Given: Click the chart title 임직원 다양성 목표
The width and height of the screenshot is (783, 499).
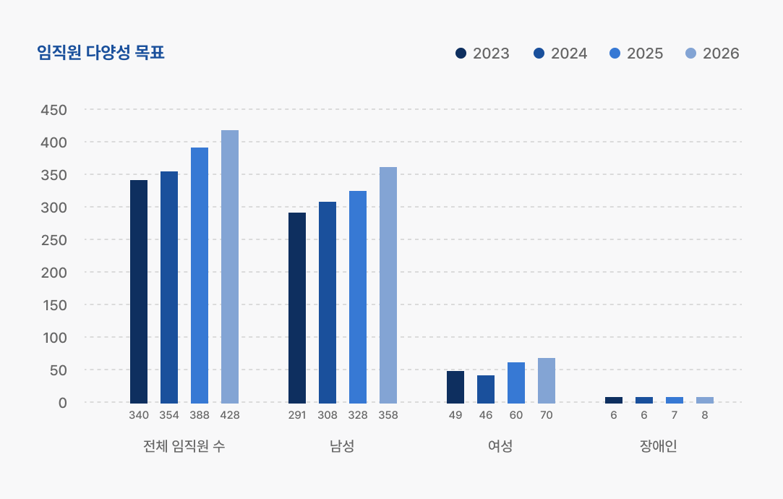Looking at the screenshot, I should coord(100,53).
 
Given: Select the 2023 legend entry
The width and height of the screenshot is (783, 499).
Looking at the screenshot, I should coord(482,54).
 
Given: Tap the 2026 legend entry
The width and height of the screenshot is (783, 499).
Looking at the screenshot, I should coord(712,54).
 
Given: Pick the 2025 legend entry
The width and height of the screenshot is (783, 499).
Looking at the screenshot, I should coord(636,54).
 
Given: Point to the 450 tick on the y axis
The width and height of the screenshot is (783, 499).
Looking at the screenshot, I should coord(54,110).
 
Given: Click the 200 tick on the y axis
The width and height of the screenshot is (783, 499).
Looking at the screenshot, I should coord(54,273).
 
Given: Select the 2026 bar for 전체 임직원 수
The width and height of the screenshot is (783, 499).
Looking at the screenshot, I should coord(230,266).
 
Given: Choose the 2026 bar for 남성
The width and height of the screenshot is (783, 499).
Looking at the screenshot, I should coord(388,285).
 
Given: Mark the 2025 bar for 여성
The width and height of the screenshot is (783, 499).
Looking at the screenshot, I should coord(516,383).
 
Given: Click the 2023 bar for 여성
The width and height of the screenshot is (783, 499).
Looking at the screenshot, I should coord(455,387).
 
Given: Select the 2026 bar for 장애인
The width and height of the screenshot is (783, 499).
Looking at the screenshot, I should coord(705,400).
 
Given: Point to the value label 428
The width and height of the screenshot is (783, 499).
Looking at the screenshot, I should coord(230,415).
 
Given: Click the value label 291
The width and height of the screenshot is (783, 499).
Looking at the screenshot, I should coord(297,415).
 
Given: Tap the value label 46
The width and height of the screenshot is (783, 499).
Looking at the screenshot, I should coord(486,415).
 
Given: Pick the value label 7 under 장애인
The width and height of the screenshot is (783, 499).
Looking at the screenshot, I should coord(675,415).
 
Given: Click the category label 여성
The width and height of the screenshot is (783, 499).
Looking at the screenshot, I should coord(500,446).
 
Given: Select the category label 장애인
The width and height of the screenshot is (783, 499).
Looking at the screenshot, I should coord(659,446).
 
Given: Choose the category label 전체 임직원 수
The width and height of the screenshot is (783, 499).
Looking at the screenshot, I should coord(184,446).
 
